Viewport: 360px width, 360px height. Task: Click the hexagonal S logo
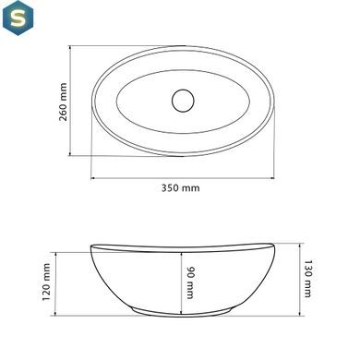(18, 18)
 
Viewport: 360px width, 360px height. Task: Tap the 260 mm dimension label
(63, 102)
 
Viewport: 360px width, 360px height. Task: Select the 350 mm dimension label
(181, 187)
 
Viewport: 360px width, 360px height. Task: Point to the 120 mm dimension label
(46, 282)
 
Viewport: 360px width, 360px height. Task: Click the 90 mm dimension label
(191, 282)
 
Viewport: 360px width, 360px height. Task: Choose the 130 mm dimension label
(307, 279)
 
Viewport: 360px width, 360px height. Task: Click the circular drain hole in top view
(183, 101)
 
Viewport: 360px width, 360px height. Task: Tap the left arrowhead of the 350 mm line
(93, 178)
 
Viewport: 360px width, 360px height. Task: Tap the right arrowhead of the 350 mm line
(272, 178)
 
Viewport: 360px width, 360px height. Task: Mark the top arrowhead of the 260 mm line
(70, 48)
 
